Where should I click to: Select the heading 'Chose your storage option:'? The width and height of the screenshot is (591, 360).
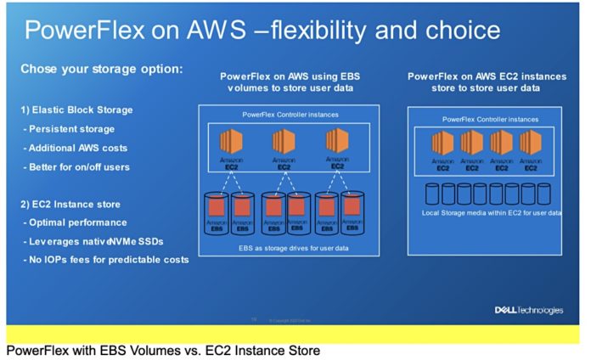tap(101, 69)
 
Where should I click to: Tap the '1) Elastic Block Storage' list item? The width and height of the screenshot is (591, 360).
tap(76, 110)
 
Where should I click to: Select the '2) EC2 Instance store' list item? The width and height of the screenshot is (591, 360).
tap(71, 204)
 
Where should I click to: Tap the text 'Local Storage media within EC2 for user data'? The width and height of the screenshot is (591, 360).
tap(492, 211)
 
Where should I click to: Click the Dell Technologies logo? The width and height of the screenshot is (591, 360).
tap(528, 310)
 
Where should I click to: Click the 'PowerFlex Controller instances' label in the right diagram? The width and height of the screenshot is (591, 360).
tap(490, 120)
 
